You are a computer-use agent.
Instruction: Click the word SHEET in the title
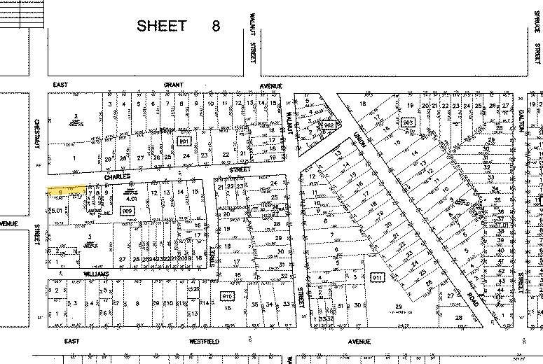162,26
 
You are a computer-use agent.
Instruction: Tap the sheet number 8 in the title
216,26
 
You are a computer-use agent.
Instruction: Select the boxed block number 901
184,141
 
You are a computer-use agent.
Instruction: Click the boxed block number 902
329,125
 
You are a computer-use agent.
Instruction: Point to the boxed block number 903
409,122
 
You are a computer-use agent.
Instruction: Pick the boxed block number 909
127,210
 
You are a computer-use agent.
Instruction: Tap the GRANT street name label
174,85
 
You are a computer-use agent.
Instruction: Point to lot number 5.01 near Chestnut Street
57,208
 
